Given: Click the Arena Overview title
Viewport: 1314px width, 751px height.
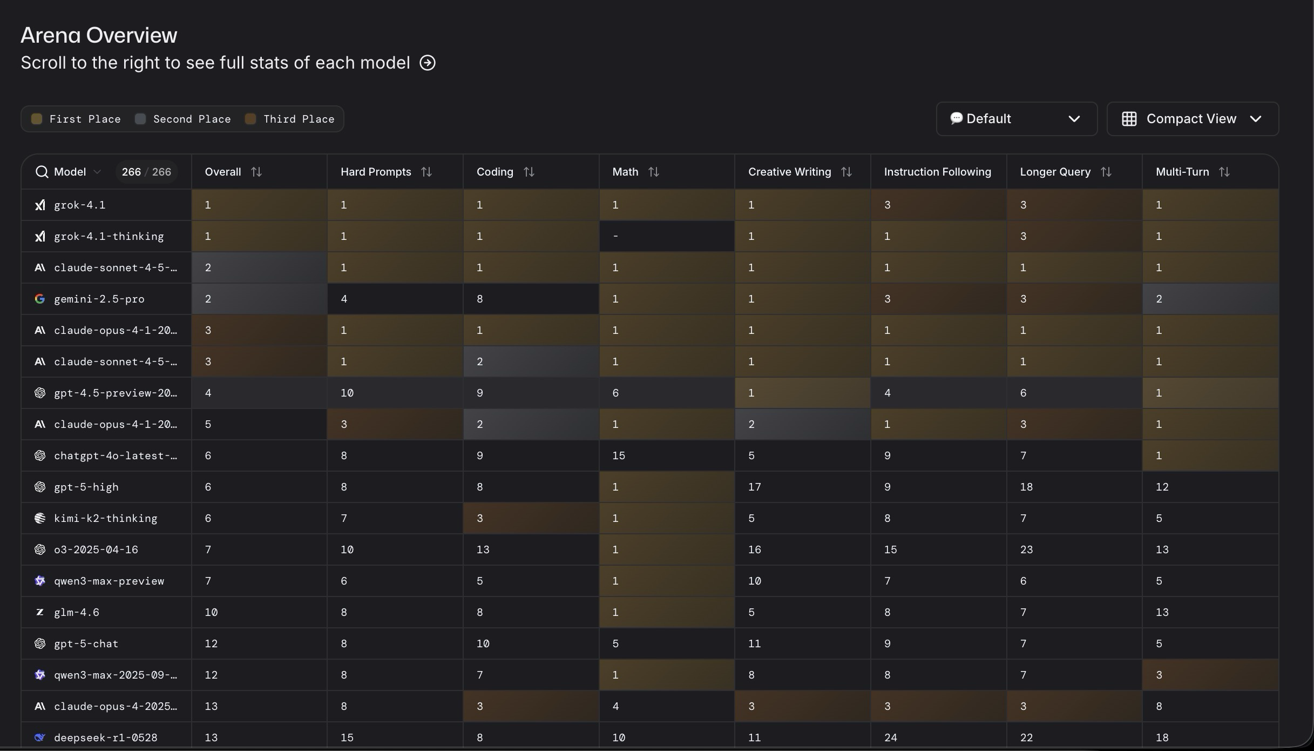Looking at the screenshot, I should (99, 35).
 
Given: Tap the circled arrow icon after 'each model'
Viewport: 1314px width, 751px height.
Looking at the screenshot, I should (428, 63).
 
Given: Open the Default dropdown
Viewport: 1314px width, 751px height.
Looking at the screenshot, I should (1016, 119).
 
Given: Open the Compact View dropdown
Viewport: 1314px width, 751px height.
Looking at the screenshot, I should (1192, 119).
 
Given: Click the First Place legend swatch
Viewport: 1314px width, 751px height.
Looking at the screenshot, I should (37, 119).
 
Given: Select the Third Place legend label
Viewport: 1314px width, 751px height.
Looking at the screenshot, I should (299, 119).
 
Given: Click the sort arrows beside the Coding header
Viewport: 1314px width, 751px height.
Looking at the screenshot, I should (529, 172).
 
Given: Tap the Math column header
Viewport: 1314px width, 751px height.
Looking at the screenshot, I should (625, 172).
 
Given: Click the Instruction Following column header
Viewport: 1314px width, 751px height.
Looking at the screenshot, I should (937, 172).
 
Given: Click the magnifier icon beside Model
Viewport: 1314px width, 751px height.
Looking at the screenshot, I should (42, 172).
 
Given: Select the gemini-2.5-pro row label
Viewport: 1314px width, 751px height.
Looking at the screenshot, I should (99, 299).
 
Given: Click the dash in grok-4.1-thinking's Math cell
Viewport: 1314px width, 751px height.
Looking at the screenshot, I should (615, 237).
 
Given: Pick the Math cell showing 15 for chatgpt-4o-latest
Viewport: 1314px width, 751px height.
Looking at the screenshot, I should (619, 455).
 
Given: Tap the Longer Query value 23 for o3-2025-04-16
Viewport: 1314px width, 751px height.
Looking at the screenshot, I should (1026, 549).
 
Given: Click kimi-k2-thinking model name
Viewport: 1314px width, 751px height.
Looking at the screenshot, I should (106, 518).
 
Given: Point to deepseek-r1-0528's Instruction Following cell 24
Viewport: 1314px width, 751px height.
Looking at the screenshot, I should (890, 737).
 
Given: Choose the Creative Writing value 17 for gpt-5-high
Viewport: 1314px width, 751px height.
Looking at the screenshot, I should (754, 487).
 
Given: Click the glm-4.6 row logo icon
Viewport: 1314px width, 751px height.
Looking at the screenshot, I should (39, 612).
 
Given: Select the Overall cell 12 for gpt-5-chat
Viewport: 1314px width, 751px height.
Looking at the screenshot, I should (211, 643).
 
